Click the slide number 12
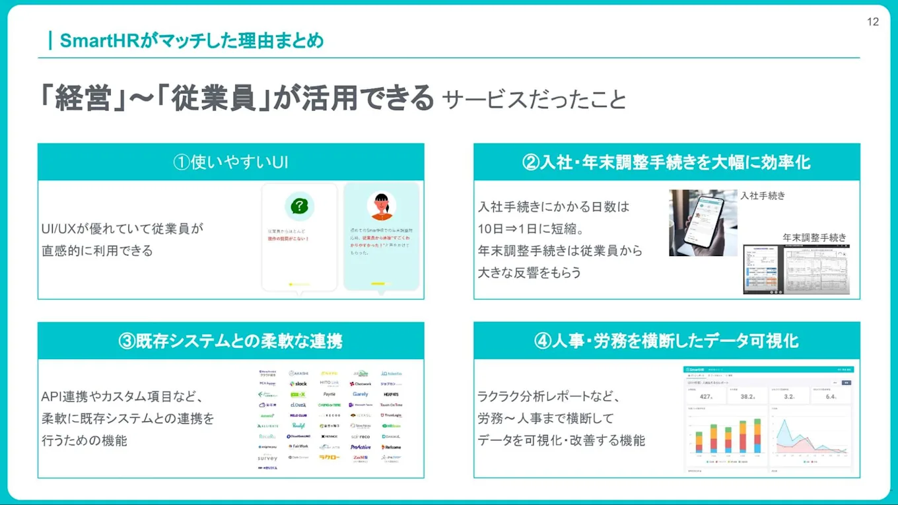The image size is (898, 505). pos(872,22)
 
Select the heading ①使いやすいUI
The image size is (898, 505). pos(230,162)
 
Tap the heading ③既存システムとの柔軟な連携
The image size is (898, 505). pos(230,341)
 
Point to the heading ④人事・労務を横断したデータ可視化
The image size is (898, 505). pos(666,341)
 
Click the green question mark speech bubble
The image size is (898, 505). pos(299,207)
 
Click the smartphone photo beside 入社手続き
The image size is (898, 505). pos(703,223)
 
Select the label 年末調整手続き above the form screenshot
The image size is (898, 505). pos(814,238)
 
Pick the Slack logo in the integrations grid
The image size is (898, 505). pos(298,384)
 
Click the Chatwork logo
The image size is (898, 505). pos(361,384)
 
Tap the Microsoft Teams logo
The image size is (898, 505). pos(361,405)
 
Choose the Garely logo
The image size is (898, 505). pos(360,394)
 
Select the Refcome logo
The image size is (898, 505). pos(391,447)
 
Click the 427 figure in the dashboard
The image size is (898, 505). pos(705,397)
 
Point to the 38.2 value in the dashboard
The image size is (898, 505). pos(747,397)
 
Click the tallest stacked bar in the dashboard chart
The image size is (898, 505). pos(757,436)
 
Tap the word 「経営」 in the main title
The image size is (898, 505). pos(83,98)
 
